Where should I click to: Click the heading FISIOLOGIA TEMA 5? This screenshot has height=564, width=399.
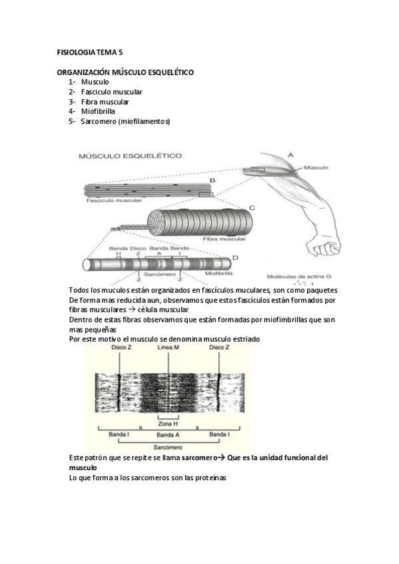(90, 53)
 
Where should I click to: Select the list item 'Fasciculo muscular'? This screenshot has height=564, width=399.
(112, 92)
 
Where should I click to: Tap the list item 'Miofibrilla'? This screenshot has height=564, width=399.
(98, 112)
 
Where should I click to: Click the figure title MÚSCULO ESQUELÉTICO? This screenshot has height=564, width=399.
(131, 156)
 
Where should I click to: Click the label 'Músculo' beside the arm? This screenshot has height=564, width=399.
(316, 168)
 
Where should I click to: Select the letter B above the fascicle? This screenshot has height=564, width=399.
(212, 180)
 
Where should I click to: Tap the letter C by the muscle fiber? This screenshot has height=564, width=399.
(252, 208)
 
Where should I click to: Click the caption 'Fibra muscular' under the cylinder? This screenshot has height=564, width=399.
(224, 239)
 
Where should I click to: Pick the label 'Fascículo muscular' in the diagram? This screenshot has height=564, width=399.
(114, 200)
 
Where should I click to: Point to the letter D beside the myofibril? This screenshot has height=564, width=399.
(235, 257)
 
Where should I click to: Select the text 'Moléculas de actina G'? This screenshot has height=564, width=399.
(299, 277)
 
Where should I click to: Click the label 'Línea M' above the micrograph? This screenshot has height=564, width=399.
(168, 347)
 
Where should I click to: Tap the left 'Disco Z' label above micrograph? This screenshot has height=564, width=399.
(119, 347)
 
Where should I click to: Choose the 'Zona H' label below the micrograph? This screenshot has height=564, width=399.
(168, 424)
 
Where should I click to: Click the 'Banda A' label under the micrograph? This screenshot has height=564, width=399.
(168, 435)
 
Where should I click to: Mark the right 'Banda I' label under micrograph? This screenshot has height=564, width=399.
(218, 434)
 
